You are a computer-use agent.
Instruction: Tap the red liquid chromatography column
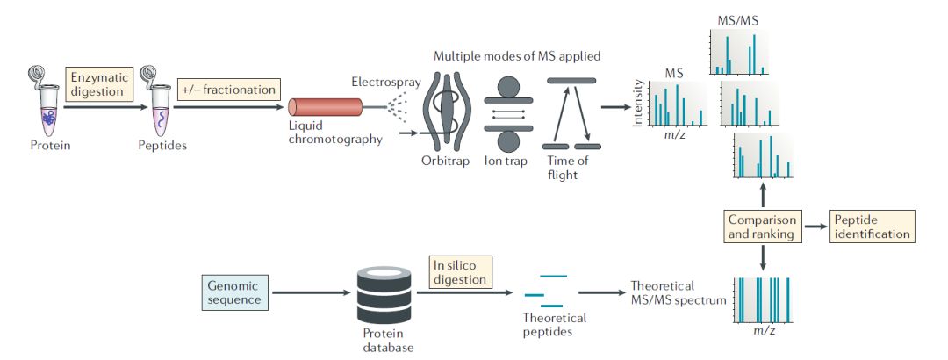(326, 107)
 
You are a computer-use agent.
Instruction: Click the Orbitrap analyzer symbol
(447, 112)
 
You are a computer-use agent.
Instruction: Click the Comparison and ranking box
(761, 227)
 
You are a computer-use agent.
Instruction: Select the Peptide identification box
(871, 227)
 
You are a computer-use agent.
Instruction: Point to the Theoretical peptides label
(554, 324)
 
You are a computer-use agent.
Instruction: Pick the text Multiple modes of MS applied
(517, 56)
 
